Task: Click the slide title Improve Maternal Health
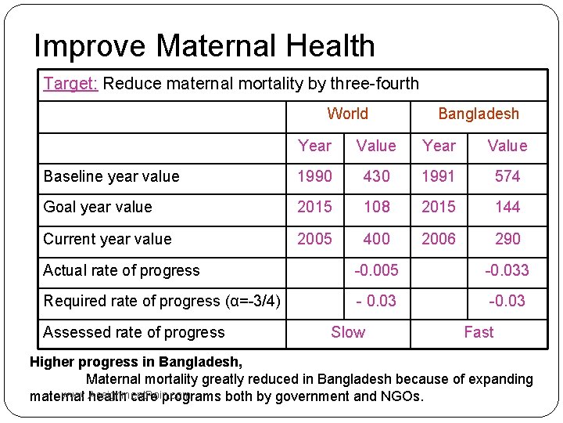(204, 46)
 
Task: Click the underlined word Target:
(70, 84)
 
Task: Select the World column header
(347, 114)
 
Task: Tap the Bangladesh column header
(478, 114)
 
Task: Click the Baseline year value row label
(111, 176)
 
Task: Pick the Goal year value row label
(98, 207)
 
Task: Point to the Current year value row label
(107, 239)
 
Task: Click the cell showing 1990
(314, 176)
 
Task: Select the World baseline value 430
(376, 176)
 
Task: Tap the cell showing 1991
(438, 176)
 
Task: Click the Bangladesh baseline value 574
(507, 176)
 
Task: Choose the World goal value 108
(376, 207)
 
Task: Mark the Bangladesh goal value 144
(507, 207)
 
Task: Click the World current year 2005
(314, 239)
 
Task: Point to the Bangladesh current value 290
(507, 239)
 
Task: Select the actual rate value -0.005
(376, 270)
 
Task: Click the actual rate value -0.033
(507, 270)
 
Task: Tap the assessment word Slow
(347, 332)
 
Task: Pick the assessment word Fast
(478, 332)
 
